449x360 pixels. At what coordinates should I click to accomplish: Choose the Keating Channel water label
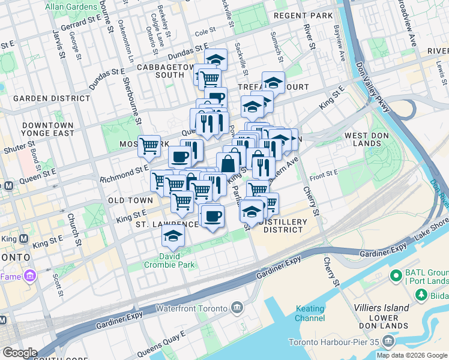310,313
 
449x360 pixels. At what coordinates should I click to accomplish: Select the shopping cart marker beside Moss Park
149,145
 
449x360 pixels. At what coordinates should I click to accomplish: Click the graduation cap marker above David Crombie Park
173,236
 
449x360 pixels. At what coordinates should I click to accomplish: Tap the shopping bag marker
228,163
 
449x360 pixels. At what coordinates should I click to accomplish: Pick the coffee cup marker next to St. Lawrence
211,215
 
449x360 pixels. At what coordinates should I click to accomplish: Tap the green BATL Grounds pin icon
396,276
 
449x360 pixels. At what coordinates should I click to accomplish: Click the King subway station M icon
24,239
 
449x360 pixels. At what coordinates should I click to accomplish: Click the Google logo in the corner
20,353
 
